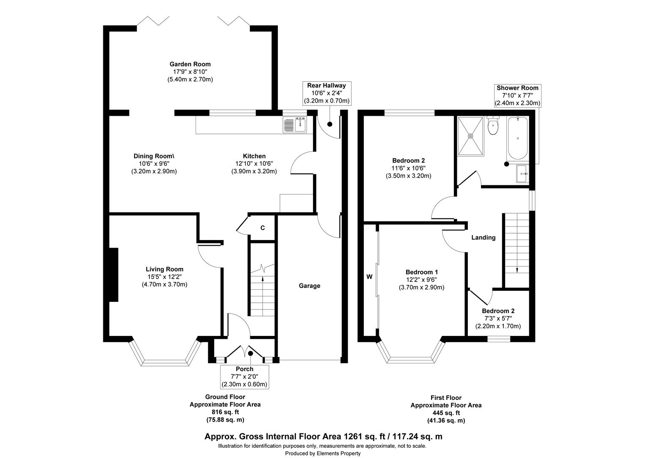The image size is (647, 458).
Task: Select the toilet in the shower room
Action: coord(492,126)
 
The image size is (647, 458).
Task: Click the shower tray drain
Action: coord(470,136)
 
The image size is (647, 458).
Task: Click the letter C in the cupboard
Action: coord(263,228)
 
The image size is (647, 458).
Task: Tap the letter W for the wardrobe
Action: coord(369,277)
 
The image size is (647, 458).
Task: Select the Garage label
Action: coord(310,286)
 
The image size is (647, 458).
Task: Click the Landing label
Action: coord(484,237)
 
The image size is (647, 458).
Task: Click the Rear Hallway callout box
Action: coord(326,93)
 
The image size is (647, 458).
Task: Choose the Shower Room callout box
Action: coord(517,95)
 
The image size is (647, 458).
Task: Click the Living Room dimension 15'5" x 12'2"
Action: coord(164,277)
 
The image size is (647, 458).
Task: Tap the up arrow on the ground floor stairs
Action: coord(263,279)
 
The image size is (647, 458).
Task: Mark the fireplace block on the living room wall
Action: coord(113,274)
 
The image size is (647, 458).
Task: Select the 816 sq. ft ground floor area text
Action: coord(225,412)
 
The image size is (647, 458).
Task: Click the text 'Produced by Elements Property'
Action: coord(323,453)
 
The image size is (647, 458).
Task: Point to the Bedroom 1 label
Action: coord(421,272)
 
